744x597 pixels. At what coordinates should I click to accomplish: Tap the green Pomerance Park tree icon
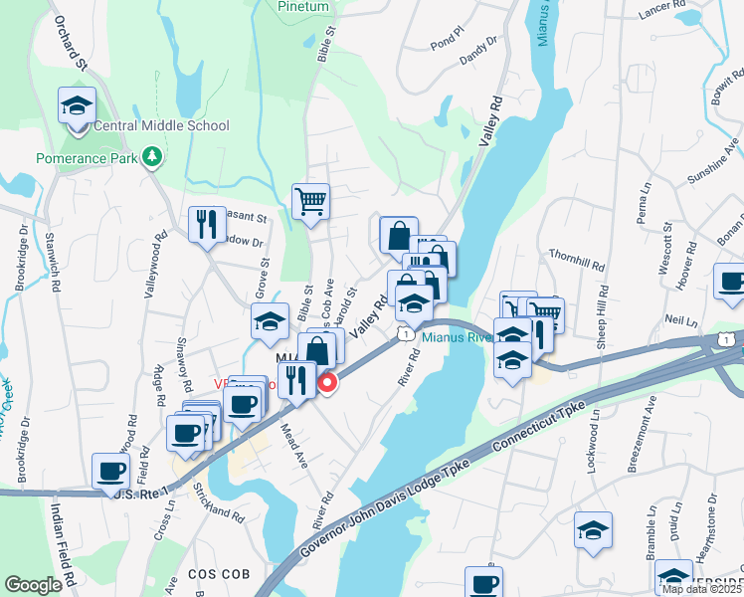(x=151, y=156)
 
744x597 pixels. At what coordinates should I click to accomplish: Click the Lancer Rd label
(x=665, y=5)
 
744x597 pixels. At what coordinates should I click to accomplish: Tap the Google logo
(x=33, y=585)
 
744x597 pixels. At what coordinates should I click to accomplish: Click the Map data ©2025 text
(x=701, y=589)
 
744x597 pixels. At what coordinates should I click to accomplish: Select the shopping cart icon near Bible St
(x=310, y=201)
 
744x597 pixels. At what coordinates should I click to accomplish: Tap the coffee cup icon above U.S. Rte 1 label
(x=110, y=471)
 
